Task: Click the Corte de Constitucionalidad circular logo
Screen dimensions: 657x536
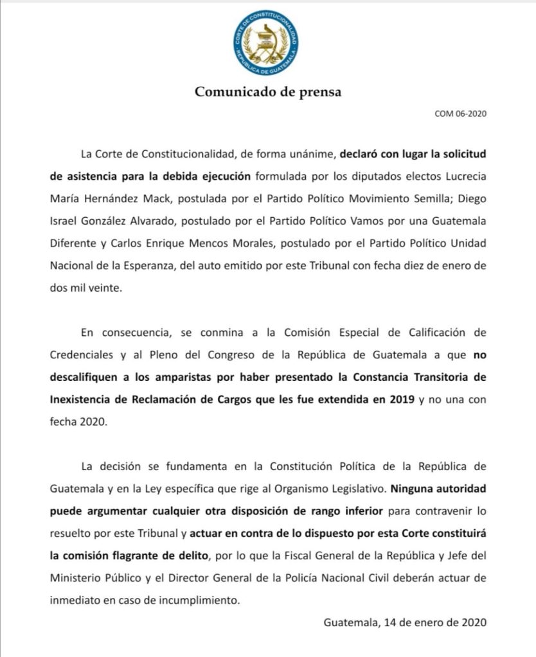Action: coord(265,44)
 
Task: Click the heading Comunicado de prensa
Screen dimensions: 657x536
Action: coord(268,92)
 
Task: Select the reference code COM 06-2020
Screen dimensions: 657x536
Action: coord(460,114)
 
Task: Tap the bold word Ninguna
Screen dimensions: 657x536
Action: coord(414,487)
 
